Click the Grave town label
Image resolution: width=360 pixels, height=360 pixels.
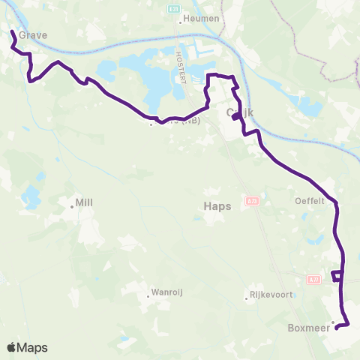click(33, 34)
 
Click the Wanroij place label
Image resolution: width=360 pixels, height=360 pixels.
click(168, 292)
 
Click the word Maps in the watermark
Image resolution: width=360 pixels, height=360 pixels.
click(33, 347)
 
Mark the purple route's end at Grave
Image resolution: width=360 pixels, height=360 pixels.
click(12, 31)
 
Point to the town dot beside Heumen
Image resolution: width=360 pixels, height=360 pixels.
click(181, 21)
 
